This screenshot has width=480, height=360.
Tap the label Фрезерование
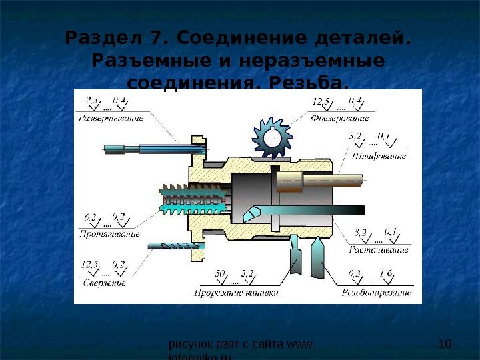(x=340, y=118)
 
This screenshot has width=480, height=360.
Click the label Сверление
(x=103, y=283)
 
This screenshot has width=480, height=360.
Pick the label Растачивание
(x=379, y=250)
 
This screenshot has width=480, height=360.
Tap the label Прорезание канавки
(x=236, y=292)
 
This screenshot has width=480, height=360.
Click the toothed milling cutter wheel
(x=273, y=139)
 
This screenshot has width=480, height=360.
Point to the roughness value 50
(x=220, y=273)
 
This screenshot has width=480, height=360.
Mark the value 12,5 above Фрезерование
(x=321, y=101)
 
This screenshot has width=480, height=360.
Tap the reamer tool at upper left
(x=153, y=148)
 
